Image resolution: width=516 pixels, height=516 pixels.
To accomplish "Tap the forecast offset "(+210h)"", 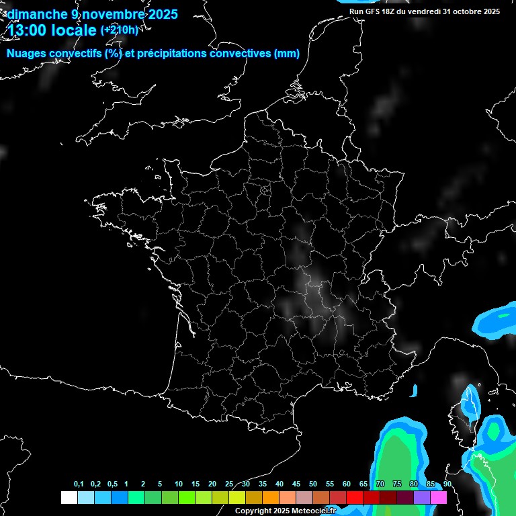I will point(119,30).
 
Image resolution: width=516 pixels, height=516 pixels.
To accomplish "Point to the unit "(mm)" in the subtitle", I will point(287,54).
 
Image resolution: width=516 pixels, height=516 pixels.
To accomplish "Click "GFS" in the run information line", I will point(375,11).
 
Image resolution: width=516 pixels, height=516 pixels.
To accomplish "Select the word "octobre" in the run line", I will point(468,11).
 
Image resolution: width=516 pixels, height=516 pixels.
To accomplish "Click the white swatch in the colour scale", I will point(69,497).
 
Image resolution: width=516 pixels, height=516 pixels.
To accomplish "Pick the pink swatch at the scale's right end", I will point(439,497).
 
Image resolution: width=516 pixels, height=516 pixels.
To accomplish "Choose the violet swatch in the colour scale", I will point(422,497).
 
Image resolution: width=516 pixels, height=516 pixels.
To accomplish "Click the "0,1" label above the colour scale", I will point(79,484).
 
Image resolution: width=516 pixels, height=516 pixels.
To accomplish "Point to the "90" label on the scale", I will point(447,484).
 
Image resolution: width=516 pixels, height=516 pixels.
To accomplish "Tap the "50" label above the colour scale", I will point(313,484).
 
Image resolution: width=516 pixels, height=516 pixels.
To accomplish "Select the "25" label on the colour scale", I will point(229,484).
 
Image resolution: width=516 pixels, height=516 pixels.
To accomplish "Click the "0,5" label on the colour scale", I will point(112,484).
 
